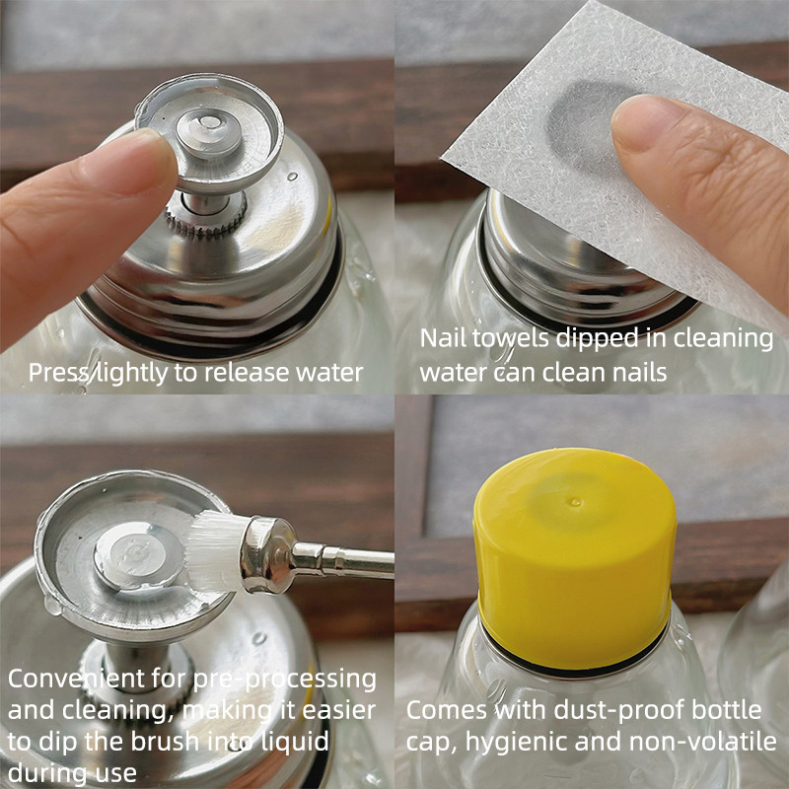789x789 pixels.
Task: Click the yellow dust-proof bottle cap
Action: pyautogui.click(x=574, y=559)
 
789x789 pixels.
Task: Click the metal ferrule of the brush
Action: pyautogui.click(x=269, y=553)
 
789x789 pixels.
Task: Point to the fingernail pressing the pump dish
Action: pyautogui.click(x=128, y=162)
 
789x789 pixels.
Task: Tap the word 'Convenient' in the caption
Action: pyautogui.click(x=77, y=679)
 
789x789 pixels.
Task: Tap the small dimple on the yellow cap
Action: pyautogui.click(x=574, y=502)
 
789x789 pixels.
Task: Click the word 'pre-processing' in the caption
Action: pyautogui.click(x=285, y=681)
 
